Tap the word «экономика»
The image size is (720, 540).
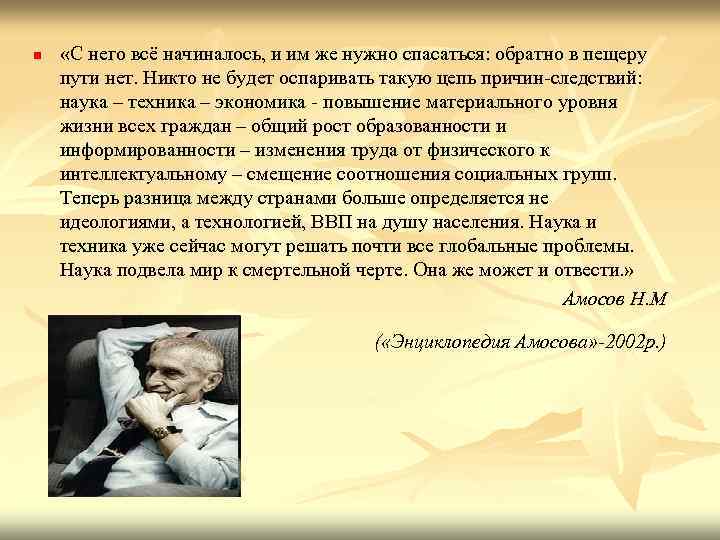click(x=241, y=103)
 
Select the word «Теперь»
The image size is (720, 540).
click(x=90, y=199)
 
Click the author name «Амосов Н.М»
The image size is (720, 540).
click(x=615, y=299)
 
